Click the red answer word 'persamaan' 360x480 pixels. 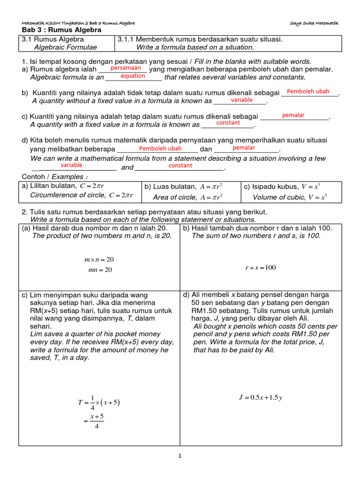tap(126, 68)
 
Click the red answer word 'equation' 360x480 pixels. tap(133, 76)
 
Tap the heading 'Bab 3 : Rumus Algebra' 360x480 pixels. tap(61, 30)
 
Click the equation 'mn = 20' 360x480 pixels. tap(98, 270)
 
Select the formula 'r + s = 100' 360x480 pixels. tap(261, 268)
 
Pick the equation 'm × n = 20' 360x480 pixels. tap(99, 259)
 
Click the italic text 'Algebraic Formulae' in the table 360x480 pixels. tap(66, 47)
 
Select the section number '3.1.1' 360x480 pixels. tap(126, 39)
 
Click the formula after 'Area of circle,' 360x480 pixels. tap(211, 197)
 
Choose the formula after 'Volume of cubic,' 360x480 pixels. tap(317, 197)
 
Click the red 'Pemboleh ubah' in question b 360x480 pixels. tap(308, 91)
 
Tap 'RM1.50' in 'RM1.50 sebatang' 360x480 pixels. tap(203, 311)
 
